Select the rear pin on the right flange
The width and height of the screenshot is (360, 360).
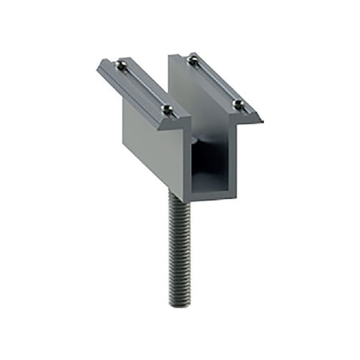[x=193, y=60]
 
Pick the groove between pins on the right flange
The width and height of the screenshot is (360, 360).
[x=215, y=82]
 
